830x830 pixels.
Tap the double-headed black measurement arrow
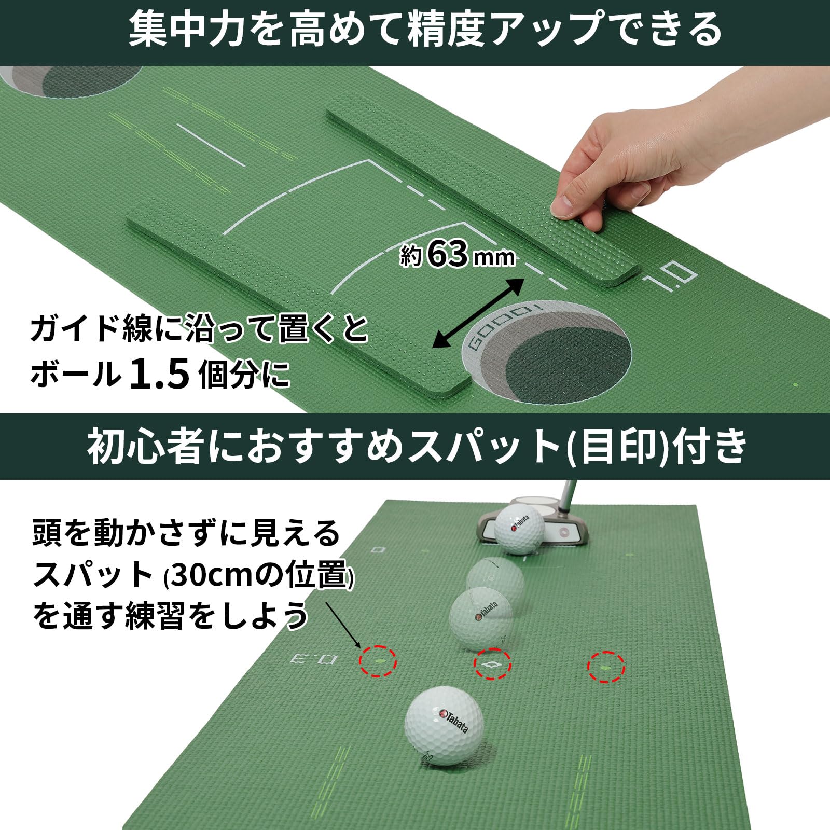(478, 312)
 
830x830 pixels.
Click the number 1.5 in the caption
(159, 375)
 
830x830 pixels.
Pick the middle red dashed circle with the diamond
(492, 663)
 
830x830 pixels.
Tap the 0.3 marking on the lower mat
(313, 659)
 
